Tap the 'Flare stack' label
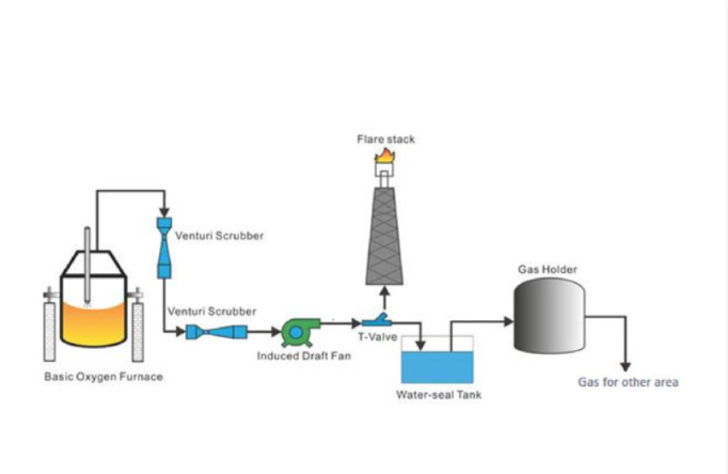385,138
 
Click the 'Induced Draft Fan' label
300,356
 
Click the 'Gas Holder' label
548,270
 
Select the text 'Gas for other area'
628,382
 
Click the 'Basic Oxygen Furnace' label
103,376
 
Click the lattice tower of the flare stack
385,240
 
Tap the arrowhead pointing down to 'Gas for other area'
626,364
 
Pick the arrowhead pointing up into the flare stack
385,291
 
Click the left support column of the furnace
50,329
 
